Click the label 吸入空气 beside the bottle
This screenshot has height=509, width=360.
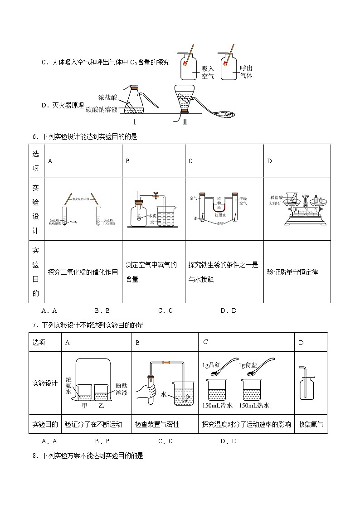coord(207,72)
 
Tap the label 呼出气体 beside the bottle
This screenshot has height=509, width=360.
coord(246,72)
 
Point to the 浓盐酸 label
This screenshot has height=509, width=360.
coord(107,97)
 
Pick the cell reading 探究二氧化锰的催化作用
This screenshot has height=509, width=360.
coord(83,272)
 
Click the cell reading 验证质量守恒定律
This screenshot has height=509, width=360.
coord(292,272)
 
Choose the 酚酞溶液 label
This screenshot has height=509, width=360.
coord(121,388)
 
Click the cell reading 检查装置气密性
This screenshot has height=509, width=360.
coord(157,425)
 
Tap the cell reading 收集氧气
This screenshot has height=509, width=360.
coord(311,425)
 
